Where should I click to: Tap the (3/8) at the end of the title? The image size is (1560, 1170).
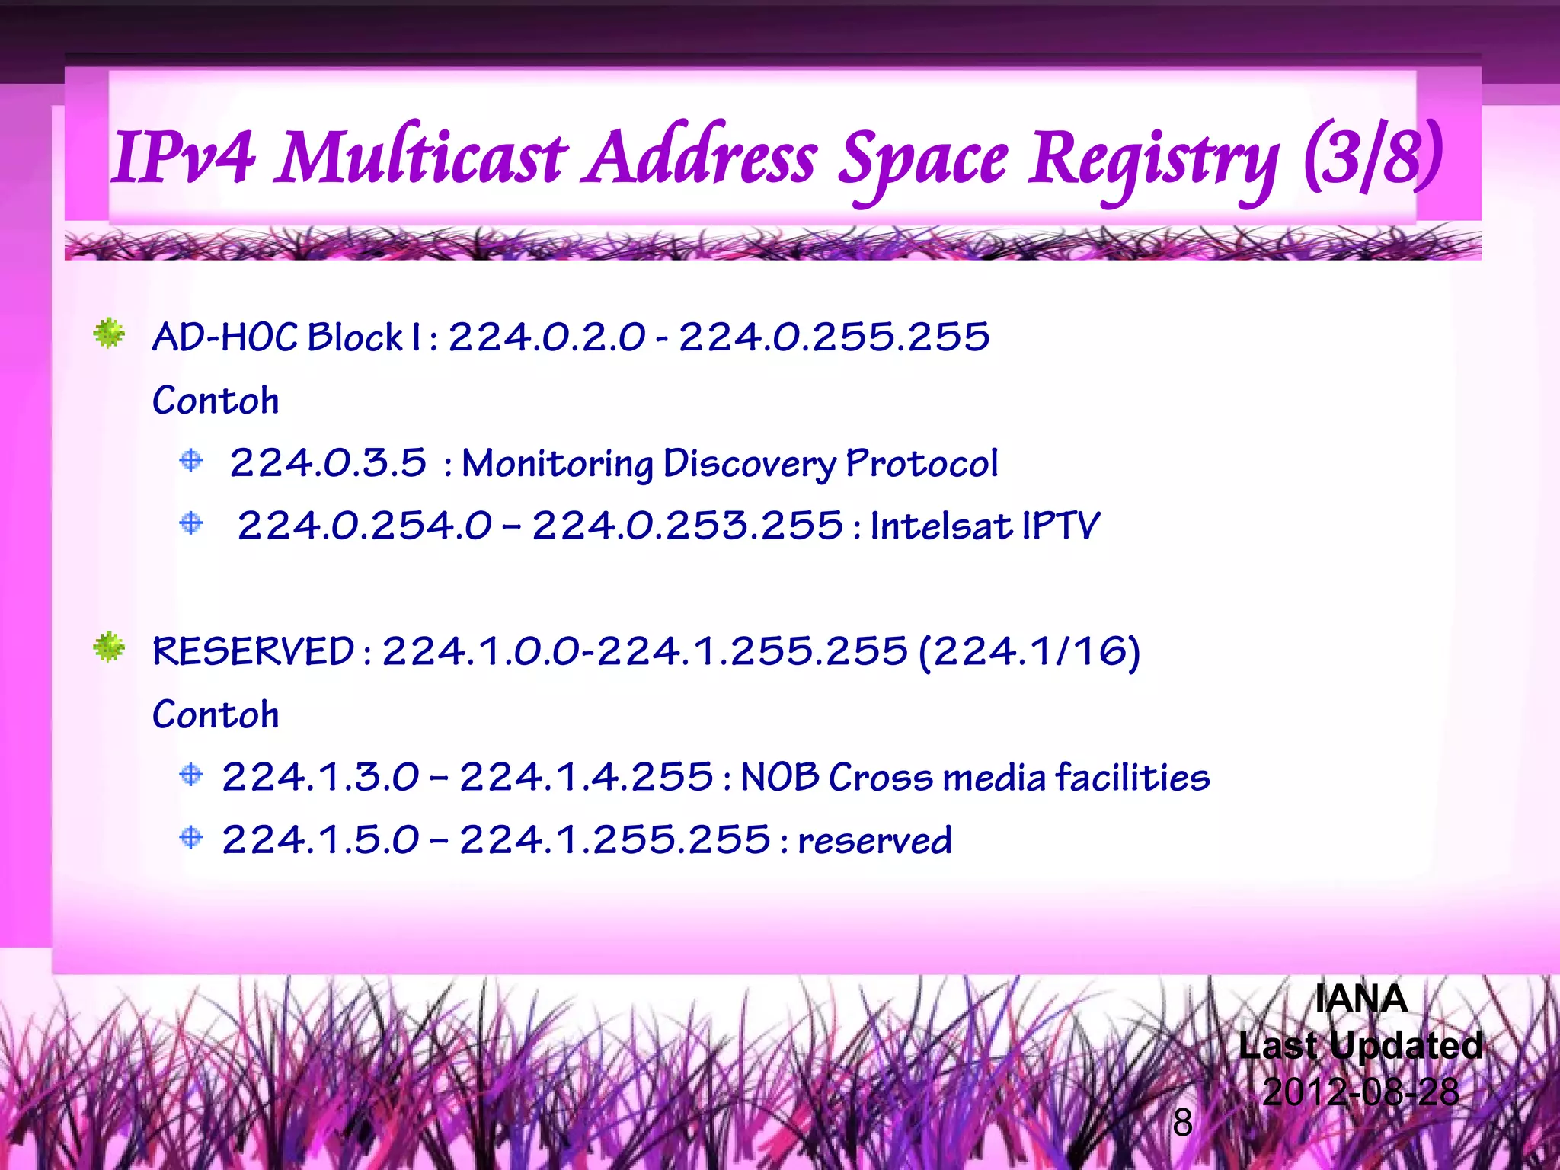point(1372,158)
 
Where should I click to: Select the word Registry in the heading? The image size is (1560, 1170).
point(1153,161)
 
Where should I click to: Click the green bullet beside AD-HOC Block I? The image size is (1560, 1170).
point(109,334)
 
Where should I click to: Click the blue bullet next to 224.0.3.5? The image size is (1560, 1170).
point(191,460)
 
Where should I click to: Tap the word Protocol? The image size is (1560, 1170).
point(922,463)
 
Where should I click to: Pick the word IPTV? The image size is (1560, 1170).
point(1061,526)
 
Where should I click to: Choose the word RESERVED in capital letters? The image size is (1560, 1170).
point(254,651)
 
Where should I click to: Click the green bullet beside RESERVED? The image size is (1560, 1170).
point(109,647)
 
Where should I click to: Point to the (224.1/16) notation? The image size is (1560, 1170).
point(1030,652)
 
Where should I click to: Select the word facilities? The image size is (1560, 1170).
point(1133,778)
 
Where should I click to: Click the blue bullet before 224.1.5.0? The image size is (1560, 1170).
point(191,838)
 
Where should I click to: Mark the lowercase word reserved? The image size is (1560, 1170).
point(875,841)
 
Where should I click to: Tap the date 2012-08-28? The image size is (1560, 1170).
point(1360,1092)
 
